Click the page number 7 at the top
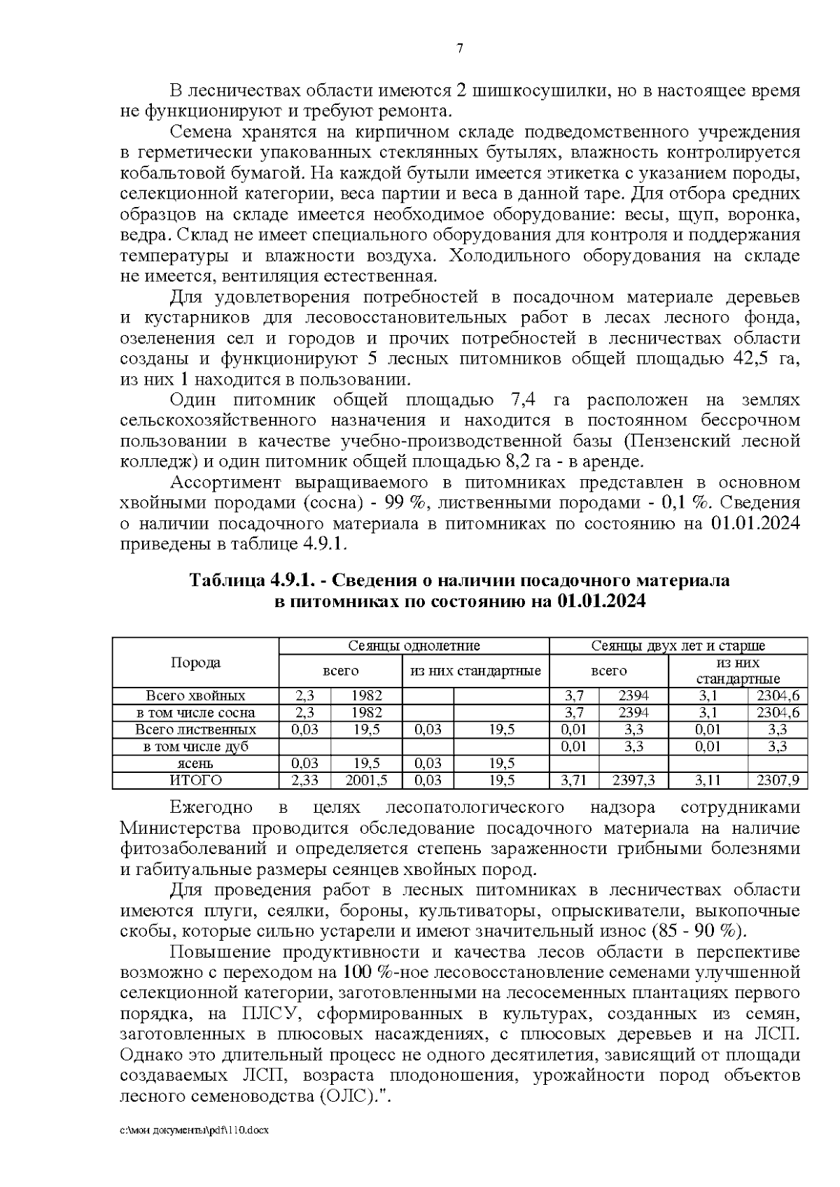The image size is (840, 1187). [x=459, y=48]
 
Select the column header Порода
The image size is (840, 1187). [x=195, y=662]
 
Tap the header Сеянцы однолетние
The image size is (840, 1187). [x=414, y=646]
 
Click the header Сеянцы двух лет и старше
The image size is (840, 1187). [x=678, y=646]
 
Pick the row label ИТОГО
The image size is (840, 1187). [x=195, y=781]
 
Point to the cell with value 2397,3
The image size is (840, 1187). [x=633, y=781]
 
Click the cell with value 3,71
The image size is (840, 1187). [x=574, y=781]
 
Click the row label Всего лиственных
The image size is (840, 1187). [x=195, y=730]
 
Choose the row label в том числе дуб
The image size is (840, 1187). [x=195, y=746]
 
